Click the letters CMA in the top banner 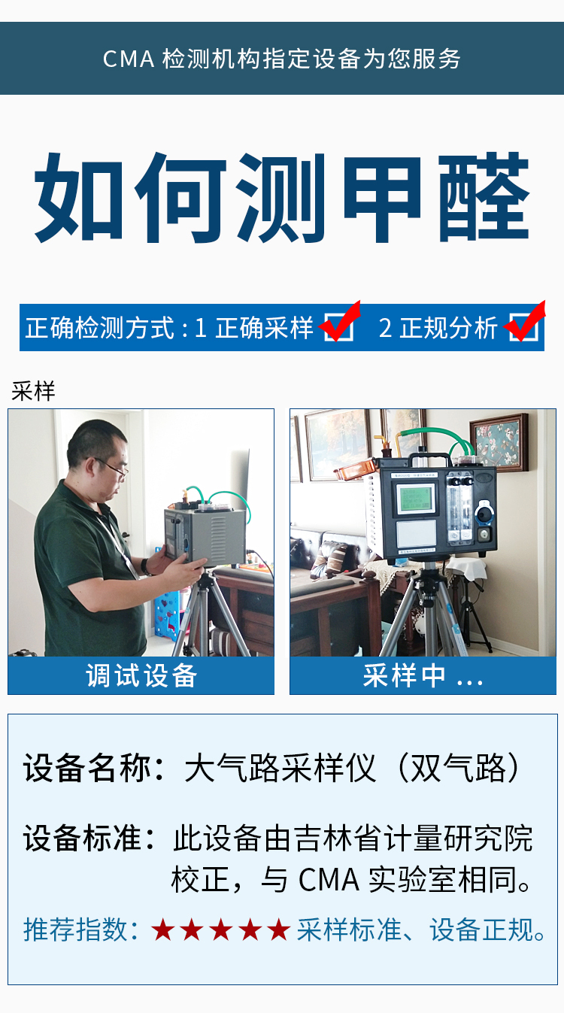129,59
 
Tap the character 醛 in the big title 484,197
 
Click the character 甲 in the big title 382,198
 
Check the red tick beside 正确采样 340,321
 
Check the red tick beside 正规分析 525,321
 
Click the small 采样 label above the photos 33,391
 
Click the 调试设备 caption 141,675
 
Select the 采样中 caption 423,675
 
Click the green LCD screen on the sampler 415,499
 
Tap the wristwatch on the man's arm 145,566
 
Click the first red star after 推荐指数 163,930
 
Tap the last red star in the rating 278,930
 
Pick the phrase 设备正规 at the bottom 482,930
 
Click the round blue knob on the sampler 484,512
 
